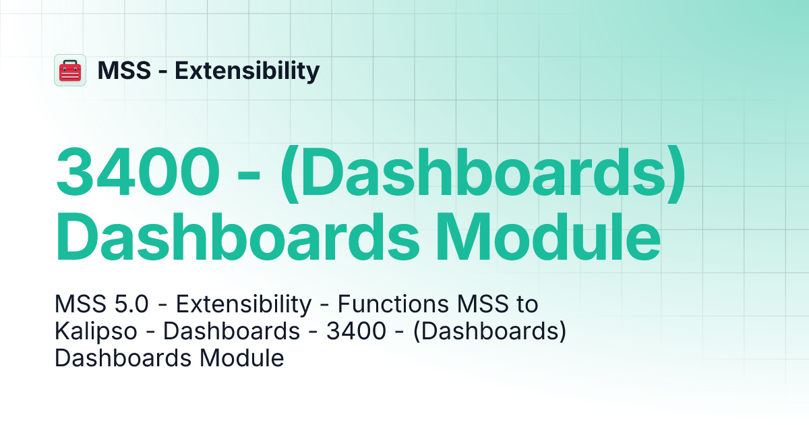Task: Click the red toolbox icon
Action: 70,70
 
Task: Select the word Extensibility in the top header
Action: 247,70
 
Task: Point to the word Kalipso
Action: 97,332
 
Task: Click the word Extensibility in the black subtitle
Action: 243,305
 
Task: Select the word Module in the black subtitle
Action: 244,358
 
